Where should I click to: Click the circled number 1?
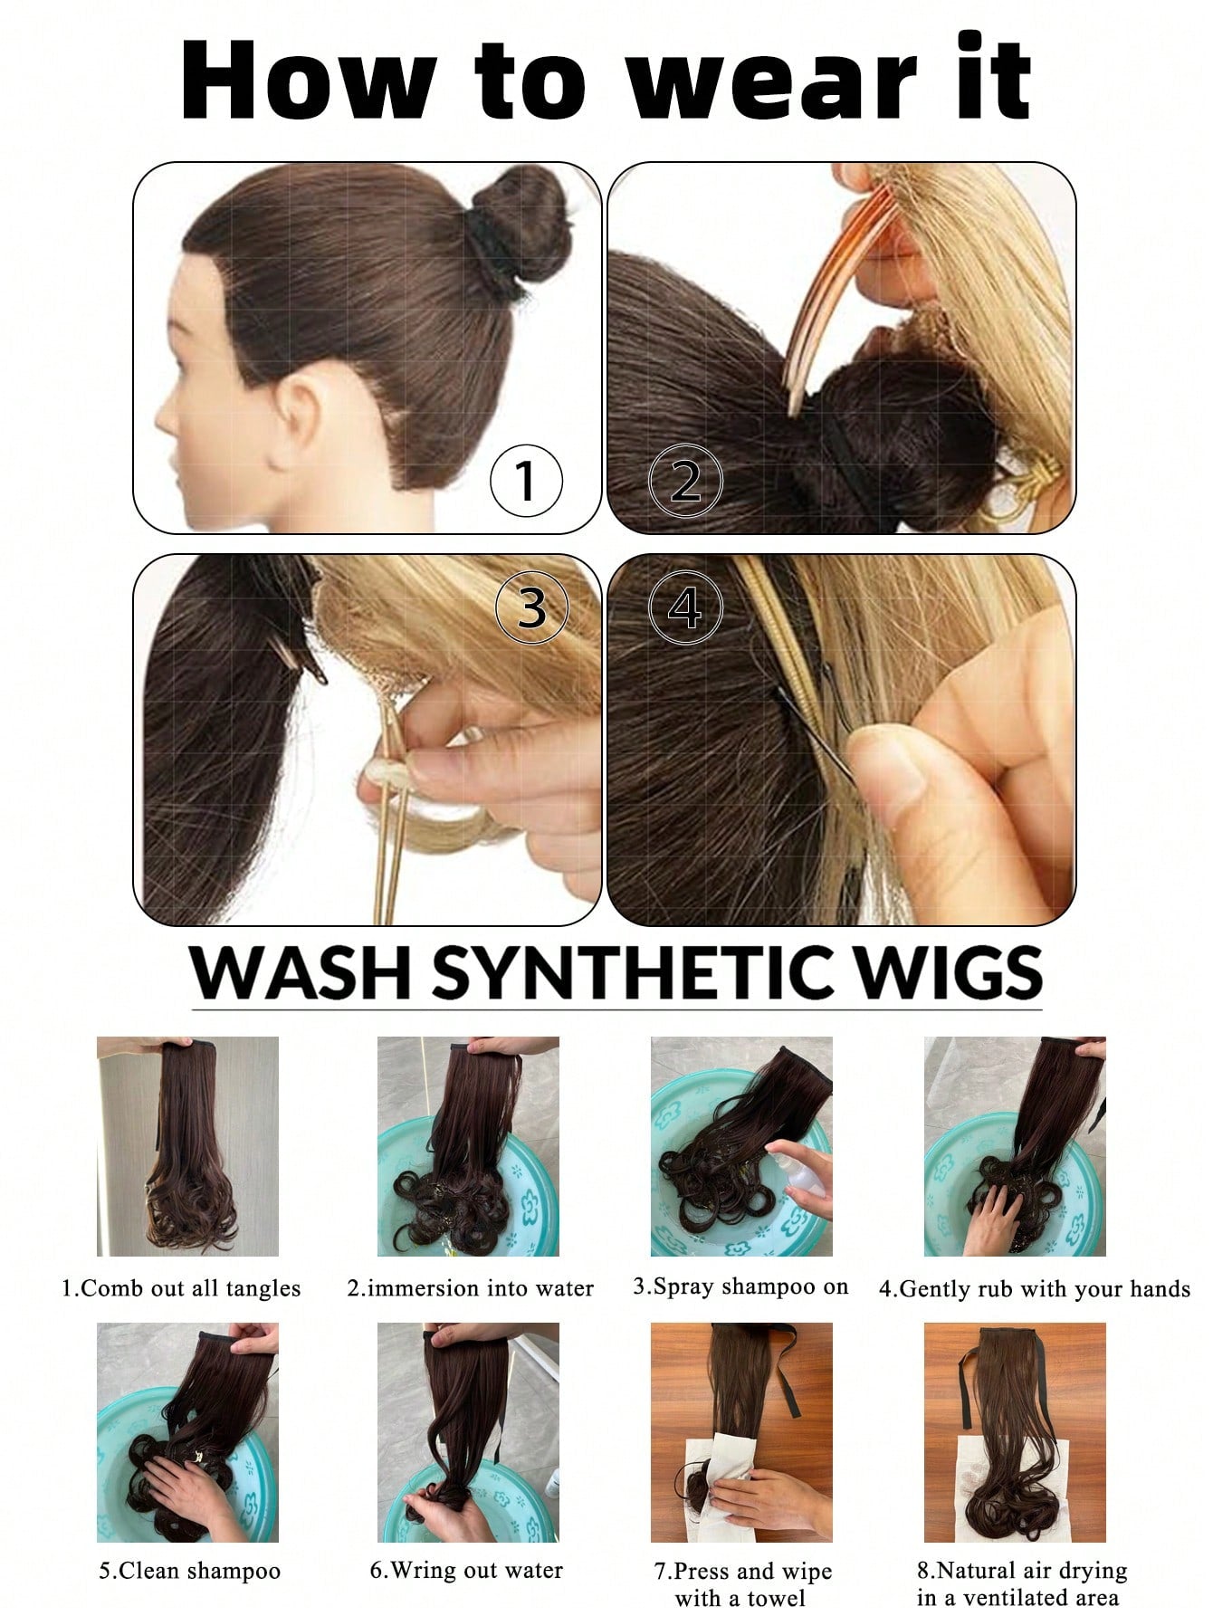[x=526, y=481]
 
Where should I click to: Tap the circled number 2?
[x=686, y=481]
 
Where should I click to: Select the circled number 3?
[x=532, y=607]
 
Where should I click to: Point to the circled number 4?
[x=686, y=607]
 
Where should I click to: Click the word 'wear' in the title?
[x=771, y=81]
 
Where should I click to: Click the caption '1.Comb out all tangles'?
[x=181, y=1287]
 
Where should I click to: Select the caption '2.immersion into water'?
[x=470, y=1287]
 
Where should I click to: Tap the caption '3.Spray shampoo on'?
[x=740, y=1286]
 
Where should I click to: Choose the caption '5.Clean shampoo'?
[x=189, y=1571]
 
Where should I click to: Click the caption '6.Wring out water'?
[x=466, y=1570]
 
